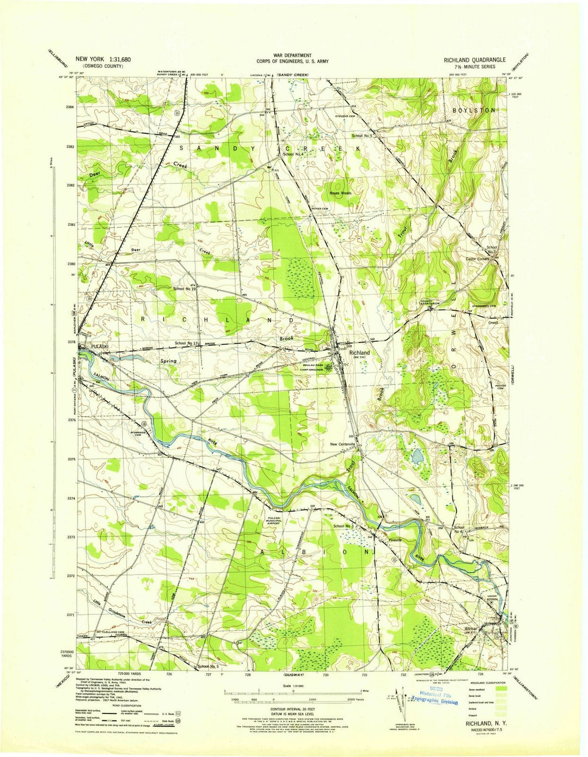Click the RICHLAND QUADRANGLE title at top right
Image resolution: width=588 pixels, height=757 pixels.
pyautogui.click(x=474, y=60)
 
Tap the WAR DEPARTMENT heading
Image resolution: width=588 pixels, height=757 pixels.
pyautogui.click(x=292, y=56)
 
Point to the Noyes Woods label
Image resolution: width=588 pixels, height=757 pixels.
pyautogui.click(x=340, y=193)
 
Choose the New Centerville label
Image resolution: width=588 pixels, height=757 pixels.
pyautogui.click(x=342, y=444)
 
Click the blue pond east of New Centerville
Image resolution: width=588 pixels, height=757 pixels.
pyautogui.click(x=417, y=456)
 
